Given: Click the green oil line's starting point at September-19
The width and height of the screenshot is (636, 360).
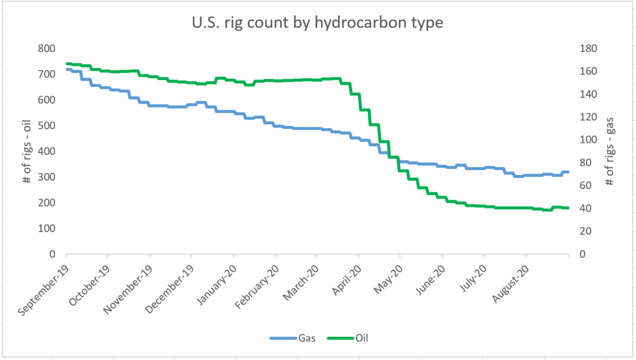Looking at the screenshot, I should (x=67, y=63).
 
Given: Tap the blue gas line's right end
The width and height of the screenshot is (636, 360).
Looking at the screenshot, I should (x=568, y=172).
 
